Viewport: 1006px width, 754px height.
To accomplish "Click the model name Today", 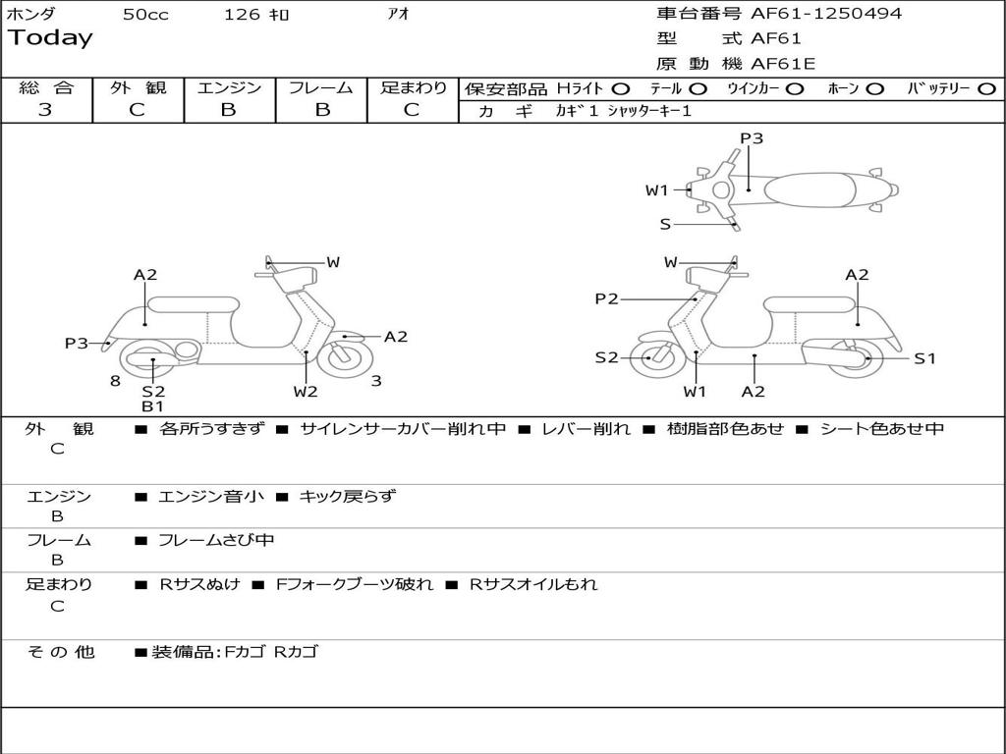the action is pos(50,38).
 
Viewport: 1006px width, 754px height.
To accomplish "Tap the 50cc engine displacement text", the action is pos(145,15).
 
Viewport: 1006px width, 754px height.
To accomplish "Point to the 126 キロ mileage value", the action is pos(256,15).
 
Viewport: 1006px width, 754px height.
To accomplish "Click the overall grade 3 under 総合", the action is pos(45,110).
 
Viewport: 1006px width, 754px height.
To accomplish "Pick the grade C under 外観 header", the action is pos(137,110).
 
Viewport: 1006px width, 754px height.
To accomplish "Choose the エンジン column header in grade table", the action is pos(229,87).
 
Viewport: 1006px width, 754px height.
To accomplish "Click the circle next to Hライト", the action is pos(622,89).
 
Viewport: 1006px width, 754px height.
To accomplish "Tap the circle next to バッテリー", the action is pos(986,89).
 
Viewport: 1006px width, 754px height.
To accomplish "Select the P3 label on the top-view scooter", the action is pos(752,138).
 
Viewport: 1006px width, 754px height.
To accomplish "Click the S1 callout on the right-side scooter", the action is pos(924,358).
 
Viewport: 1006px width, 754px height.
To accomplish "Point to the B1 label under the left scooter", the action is pos(152,405).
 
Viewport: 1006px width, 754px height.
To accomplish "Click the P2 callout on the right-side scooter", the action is pos(606,299).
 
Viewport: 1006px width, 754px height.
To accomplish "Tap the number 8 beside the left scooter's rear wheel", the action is pos(115,381).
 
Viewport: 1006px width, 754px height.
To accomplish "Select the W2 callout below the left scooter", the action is pos(306,392).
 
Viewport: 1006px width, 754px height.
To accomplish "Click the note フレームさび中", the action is pos(216,540).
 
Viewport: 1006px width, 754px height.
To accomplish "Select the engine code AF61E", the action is pos(783,64).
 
